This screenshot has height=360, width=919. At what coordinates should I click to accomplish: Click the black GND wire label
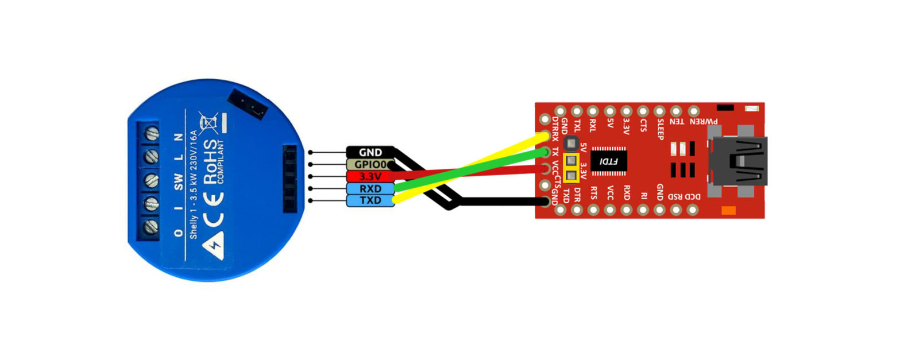[370, 152]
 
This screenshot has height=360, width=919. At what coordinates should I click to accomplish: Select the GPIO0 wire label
[370, 164]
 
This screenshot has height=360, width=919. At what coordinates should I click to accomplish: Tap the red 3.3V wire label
[370, 176]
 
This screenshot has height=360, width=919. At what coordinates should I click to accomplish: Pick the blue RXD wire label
[370, 188]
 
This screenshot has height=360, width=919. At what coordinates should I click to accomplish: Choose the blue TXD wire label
[370, 200]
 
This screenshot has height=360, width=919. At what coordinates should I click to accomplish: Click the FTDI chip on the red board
[608, 161]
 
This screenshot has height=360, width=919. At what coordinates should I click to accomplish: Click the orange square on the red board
[728, 210]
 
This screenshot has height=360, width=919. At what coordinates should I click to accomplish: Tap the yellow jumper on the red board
[571, 168]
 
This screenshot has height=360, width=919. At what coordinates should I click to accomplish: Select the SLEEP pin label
[660, 129]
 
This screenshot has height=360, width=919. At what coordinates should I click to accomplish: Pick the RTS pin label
[593, 193]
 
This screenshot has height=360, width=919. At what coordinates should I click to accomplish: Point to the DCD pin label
[693, 196]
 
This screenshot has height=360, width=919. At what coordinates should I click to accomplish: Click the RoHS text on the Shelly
[211, 161]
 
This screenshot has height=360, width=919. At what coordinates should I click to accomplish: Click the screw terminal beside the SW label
[151, 180]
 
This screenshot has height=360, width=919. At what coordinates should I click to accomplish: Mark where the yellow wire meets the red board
[544, 137]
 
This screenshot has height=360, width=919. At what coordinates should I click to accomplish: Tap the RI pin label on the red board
[643, 195]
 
